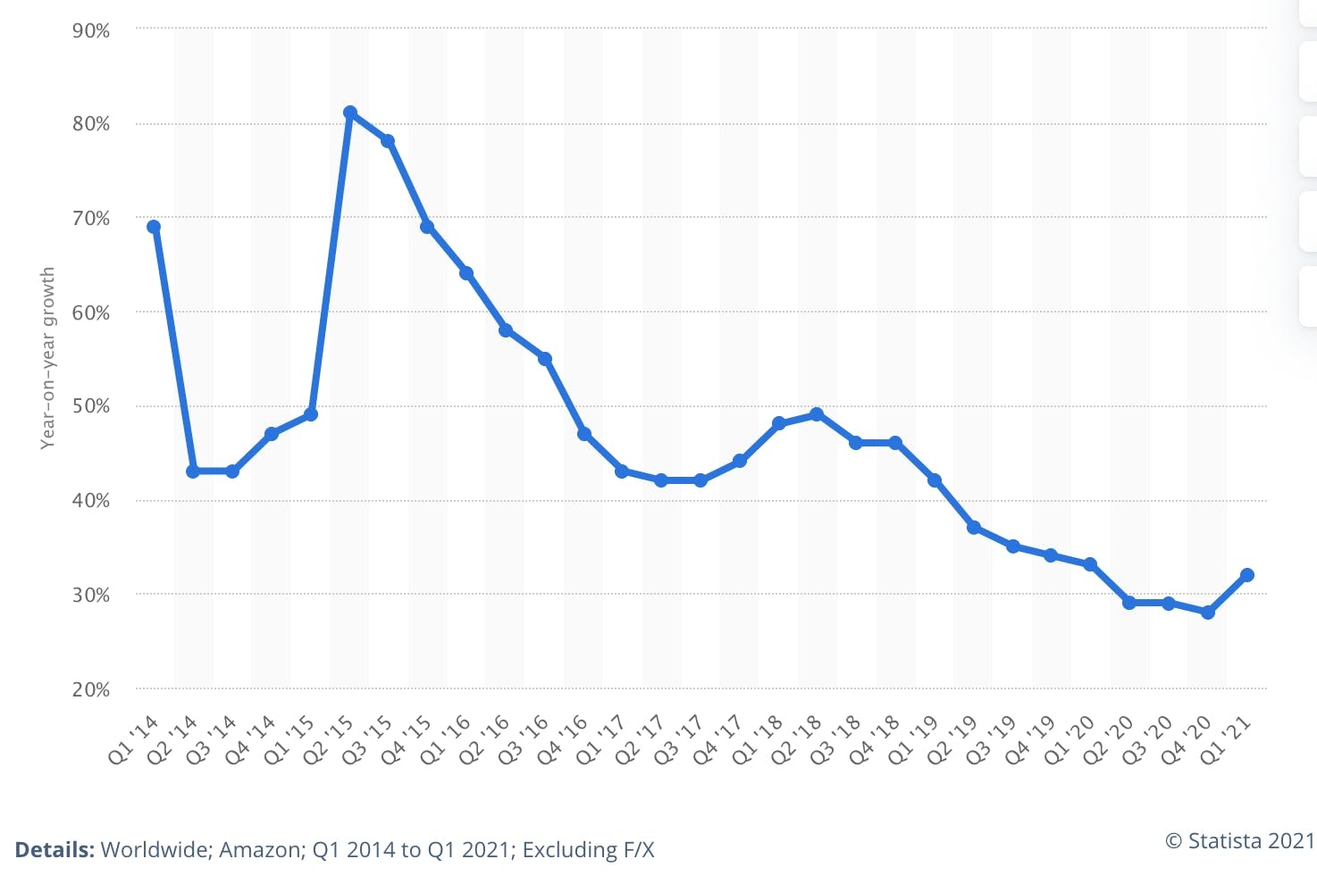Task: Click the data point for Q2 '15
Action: [x=350, y=113]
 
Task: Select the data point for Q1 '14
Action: [x=154, y=227]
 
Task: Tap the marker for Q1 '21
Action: [x=1247, y=575]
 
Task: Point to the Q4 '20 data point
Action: [x=1208, y=613]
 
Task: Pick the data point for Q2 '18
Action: [x=817, y=414]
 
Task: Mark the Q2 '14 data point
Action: [x=193, y=471]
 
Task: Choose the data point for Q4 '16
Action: [x=584, y=434]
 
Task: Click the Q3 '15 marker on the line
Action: [x=388, y=141]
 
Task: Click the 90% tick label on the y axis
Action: [x=91, y=31]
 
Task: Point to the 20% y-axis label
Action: [x=91, y=689]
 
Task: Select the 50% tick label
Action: [x=91, y=406]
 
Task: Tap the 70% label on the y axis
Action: [x=91, y=219]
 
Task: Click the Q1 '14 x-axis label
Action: [x=134, y=739]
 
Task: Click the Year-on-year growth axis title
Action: [x=48, y=357]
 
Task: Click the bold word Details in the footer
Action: [x=55, y=850]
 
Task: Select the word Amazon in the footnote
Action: [x=259, y=850]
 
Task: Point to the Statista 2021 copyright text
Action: [x=1241, y=841]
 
